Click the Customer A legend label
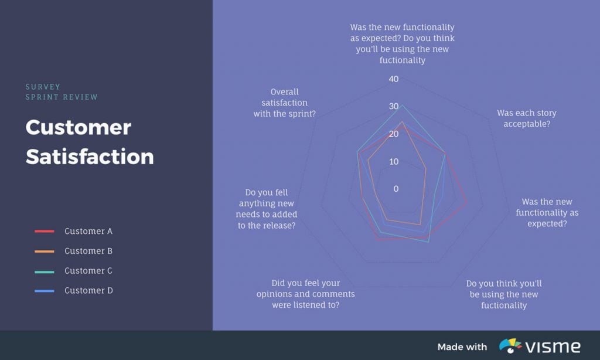click(x=88, y=231)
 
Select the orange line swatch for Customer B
click(x=45, y=251)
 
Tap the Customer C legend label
click(x=88, y=271)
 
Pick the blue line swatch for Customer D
click(x=45, y=291)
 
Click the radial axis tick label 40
click(x=393, y=79)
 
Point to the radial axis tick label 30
click(x=393, y=107)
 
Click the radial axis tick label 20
click(x=393, y=134)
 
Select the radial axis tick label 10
click(x=393, y=162)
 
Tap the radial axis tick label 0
click(x=396, y=189)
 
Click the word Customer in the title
click(x=78, y=127)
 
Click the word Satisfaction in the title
click(x=90, y=157)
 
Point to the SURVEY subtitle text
click(x=43, y=87)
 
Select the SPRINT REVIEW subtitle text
click(x=62, y=97)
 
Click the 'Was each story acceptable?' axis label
click(x=526, y=118)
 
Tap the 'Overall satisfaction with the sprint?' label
click(x=285, y=103)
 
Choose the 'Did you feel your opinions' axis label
click(x=305, y=294)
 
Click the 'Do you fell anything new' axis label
click(x=267, y=209)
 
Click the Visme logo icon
click(x=510, y=346)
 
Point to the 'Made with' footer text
click(x=462, y=347)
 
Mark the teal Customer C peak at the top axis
click(x=402, y=106)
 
